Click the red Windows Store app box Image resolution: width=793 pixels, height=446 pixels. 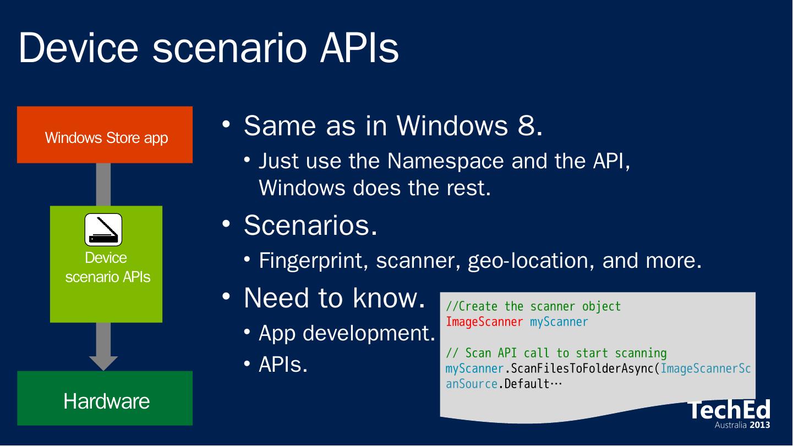[105, 135]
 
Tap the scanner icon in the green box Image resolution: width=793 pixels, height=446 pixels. [103, 229]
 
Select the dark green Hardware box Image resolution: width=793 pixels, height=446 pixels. [105, 398]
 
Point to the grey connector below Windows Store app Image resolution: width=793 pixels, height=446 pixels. [103, 184]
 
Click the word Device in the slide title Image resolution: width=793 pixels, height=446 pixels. [78, 48]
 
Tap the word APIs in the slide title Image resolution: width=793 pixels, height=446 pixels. [360, 48]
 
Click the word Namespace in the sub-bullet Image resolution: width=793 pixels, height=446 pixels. [446, 162]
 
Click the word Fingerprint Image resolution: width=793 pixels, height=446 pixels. [311, 261]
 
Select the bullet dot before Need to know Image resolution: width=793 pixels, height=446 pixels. [226, 296]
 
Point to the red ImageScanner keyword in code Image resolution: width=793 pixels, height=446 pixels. [484, 322]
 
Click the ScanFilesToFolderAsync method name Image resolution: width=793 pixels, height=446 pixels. [582, 369]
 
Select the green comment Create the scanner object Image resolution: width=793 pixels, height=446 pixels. [533, 306]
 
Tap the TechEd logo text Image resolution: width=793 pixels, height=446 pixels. [729, 410]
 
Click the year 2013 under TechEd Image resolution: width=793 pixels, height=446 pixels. [760, 425]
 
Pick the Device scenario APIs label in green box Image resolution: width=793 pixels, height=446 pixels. [107, 267]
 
